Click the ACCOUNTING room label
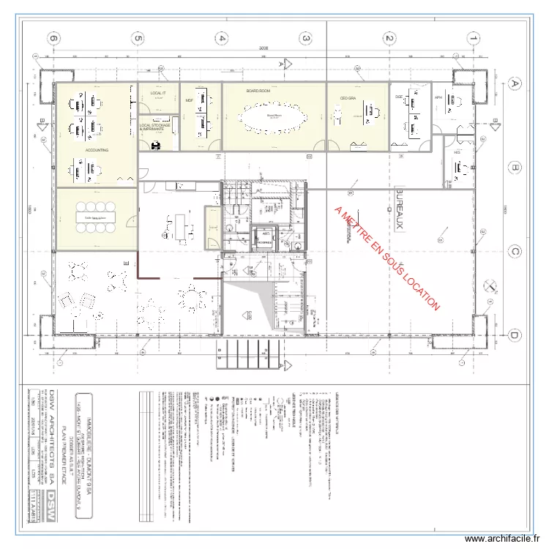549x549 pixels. coord(97,150)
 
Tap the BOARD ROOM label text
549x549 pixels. coord(258,91)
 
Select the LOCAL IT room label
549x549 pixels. coord(158,94)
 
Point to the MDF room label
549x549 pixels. coord(189,100)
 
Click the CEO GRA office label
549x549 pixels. coord(347,97)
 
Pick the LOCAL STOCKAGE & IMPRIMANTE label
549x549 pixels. coord(155,127)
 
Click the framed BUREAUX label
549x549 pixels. coord(400,210)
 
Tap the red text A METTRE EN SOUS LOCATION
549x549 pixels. coord(386,258)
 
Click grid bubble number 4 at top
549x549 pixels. coord(223,38)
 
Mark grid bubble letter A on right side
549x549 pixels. coord(515,84)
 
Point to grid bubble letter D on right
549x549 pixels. coord(515,335)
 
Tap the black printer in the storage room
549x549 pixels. coord(156,144)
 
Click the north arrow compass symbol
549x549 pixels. coord(490,285)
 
